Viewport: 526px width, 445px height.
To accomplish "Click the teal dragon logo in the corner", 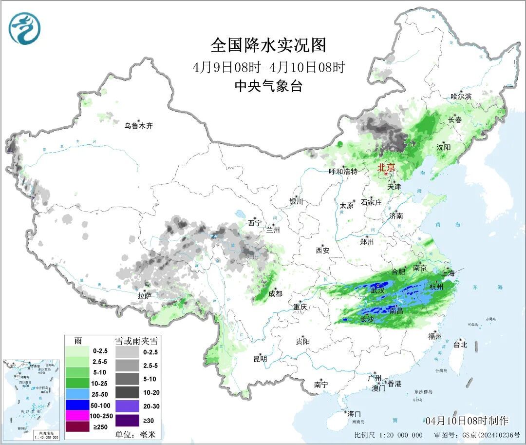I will (x=24, y=28).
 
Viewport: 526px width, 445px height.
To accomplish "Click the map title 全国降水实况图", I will (x=268, y=45).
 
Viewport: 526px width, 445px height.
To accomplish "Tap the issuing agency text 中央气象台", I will (x=268, y=86).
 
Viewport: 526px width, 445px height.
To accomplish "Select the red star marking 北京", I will (x=386, y=174).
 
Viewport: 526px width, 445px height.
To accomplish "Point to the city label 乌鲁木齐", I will (x=138, y=126).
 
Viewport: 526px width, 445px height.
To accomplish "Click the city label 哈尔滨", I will (x=461, y=97).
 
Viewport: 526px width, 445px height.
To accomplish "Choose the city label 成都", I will (x=275, y=293).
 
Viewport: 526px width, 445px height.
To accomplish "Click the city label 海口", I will (x=354, y=414).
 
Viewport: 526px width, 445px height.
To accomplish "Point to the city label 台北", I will (x=460, y=345).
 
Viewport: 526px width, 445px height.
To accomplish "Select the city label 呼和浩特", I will (x=343, y=171).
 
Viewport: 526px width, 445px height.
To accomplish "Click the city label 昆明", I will (x=260, y=359).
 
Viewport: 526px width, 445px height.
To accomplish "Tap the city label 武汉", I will (x=377, y=290).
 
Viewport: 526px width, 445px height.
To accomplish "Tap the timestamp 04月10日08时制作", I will (x=466, y=421).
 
